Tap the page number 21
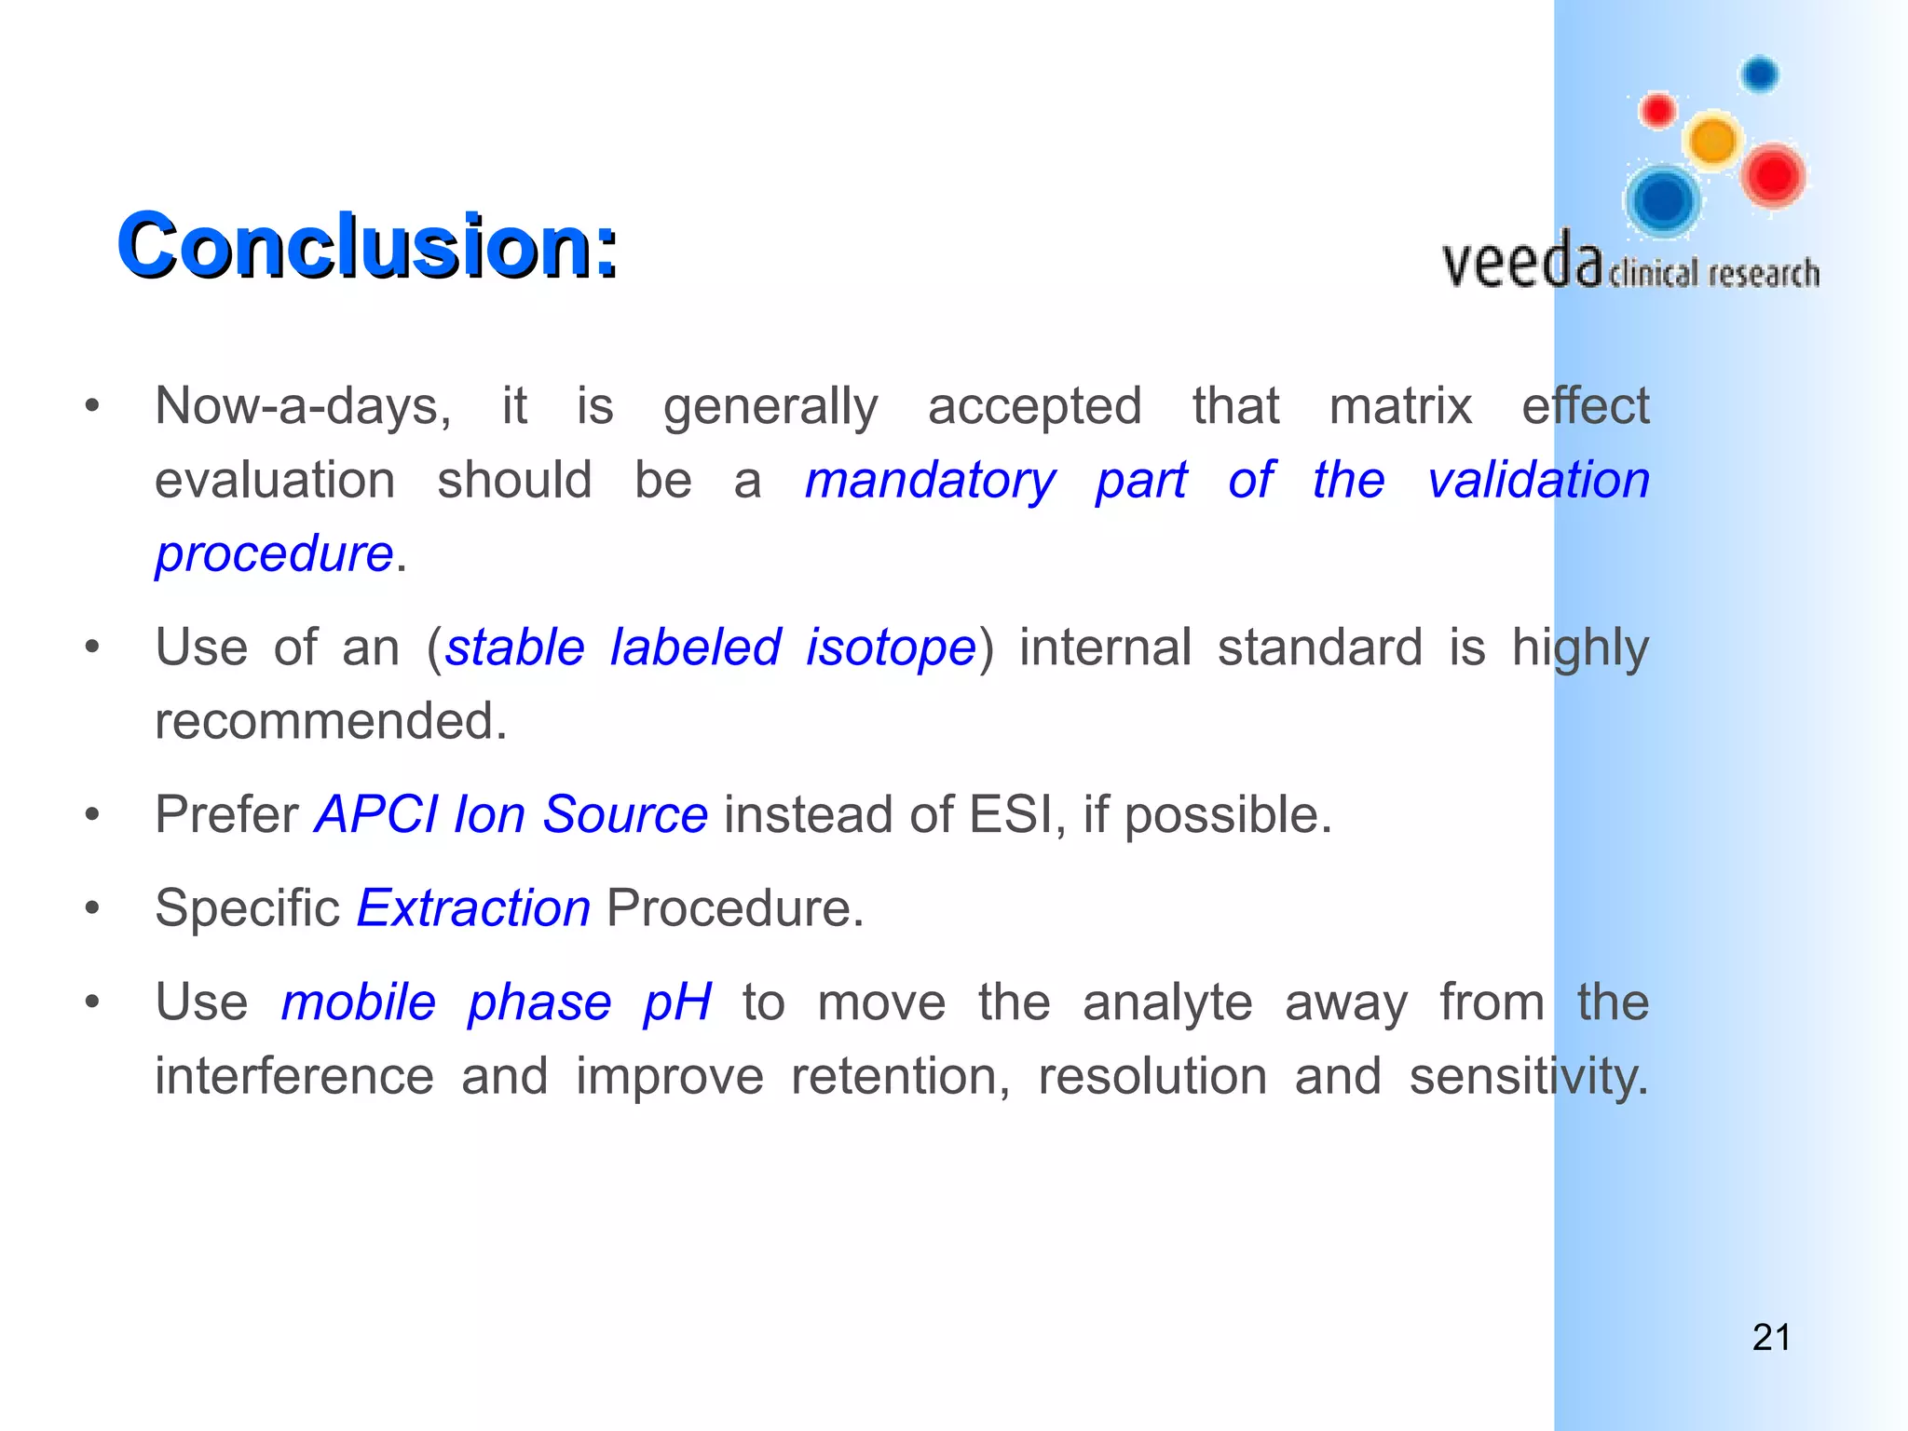(1771, 1337)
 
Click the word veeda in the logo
(1521, 262)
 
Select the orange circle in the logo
(1712, 142)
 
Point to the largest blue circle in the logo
(1663, 199)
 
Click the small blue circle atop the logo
(1760, 74)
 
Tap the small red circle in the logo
(1657, 111)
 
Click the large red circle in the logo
(1773, 175)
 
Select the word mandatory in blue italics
(930, 481)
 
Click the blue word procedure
(274, 554)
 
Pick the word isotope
(891, 647)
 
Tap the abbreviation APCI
(375, 814)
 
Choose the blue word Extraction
(473, 907)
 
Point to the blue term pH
(677, 1003)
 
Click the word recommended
(331, 721)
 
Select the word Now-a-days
(303, 406)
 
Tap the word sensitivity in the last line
(1528, 1077)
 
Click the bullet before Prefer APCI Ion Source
(91, 815)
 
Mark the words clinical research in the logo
(1713, 274)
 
